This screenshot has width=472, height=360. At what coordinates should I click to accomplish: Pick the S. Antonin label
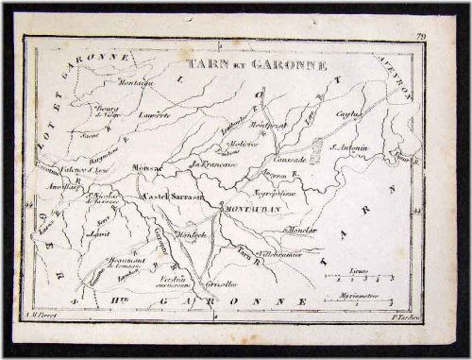(348, 146)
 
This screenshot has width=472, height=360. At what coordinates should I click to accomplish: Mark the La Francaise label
(211, 168)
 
